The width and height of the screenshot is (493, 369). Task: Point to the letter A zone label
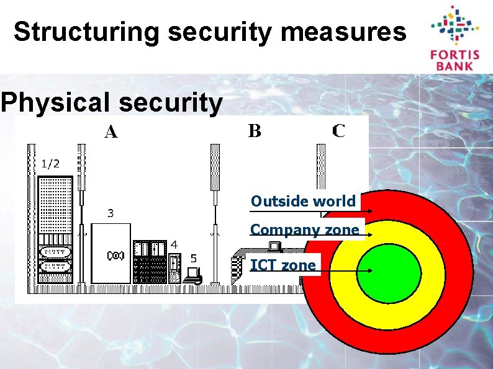click(111, 132)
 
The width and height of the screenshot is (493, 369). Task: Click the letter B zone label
click(255, 131)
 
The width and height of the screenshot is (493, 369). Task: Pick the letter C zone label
click(339, 131)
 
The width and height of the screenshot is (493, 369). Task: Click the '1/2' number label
click(51, 164)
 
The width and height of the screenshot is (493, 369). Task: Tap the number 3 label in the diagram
click(111, 213)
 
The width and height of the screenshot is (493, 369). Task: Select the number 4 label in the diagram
click(174, 244)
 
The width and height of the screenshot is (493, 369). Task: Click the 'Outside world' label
click(303, 202)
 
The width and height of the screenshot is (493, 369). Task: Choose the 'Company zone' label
click(304, 230)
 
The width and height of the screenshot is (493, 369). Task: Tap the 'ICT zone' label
click(283, 265)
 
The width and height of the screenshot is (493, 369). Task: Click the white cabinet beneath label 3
click(112, 254)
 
